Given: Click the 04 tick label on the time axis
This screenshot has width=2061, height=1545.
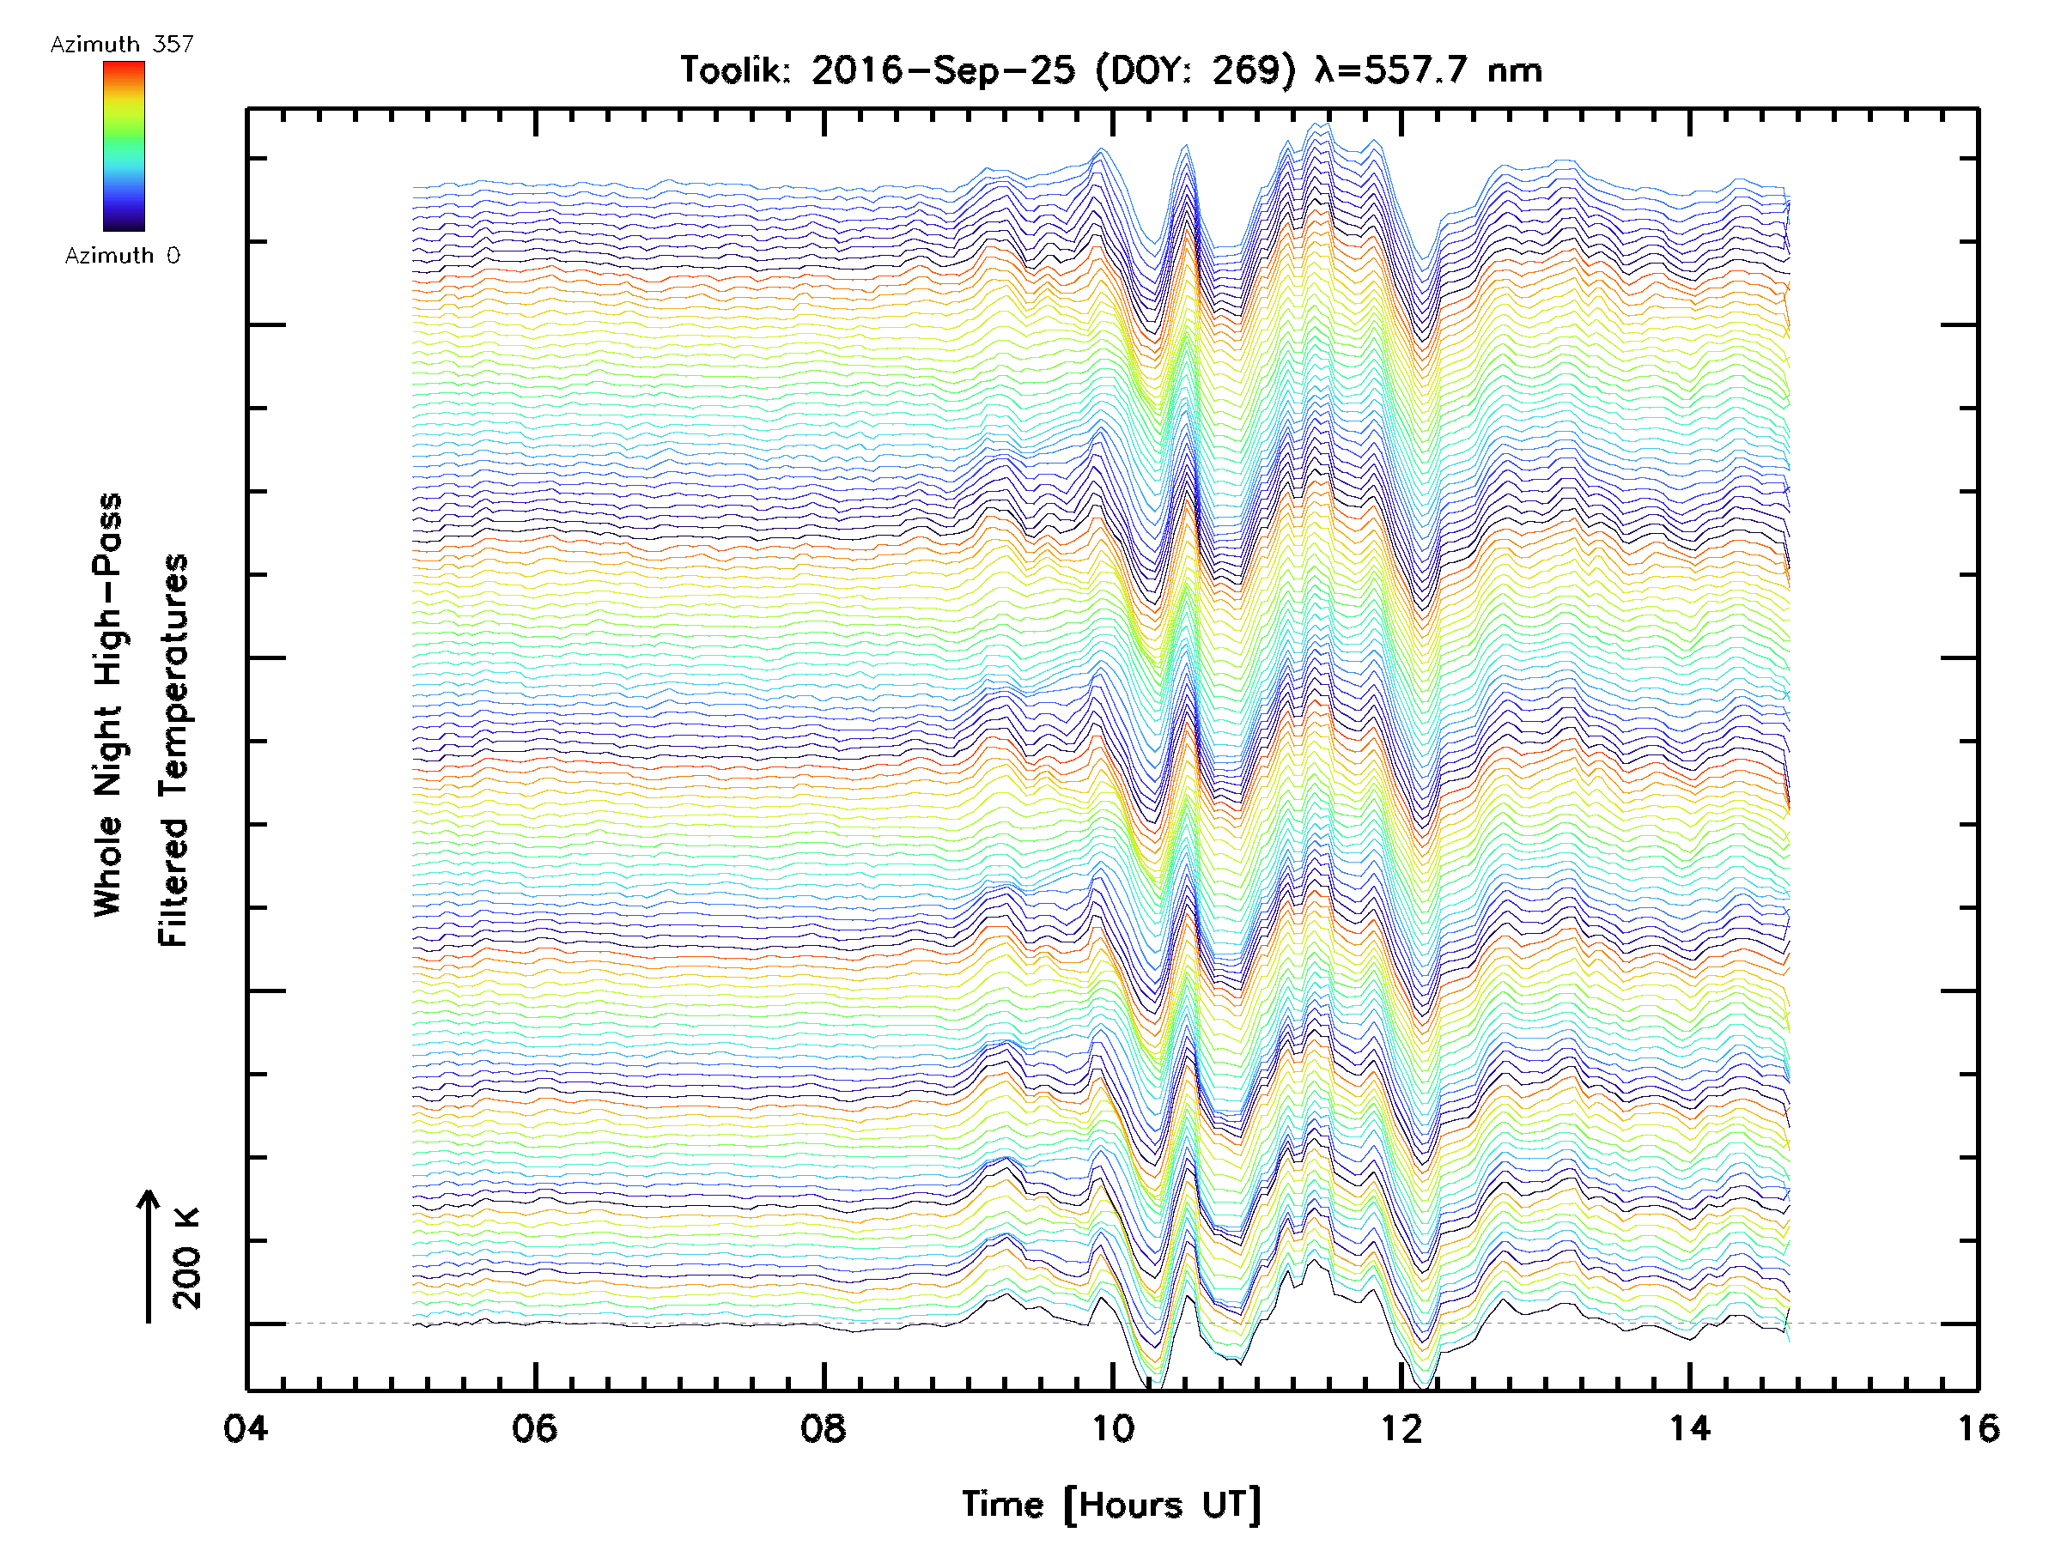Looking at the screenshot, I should pyautogui.click(x=245, y=1427).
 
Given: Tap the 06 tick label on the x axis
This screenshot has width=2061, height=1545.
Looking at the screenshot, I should pyautogui.click(x=534, y=1427).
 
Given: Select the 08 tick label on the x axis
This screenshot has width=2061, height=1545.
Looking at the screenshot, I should pyautogui.click(x=823, y=1427).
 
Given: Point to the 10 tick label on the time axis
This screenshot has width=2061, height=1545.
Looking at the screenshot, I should pyautogui.click(x=1111, y=1427).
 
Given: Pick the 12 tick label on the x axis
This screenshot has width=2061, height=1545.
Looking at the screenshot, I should pyautogui.click(x=1401, y=1427).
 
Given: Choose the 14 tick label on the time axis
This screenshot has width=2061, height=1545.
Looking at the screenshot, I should pyautogui.click(x=1689, y=1427).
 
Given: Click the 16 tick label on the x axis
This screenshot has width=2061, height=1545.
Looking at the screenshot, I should pyautogui.click(x=1977, y=1427).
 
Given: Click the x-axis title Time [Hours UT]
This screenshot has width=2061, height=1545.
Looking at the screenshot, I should pyautogui.click(x=1110, y=1504).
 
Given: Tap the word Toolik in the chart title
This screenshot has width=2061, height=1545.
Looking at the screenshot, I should pyautogui.click(x=734, y=70).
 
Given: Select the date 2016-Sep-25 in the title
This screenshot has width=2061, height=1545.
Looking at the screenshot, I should pyautogui.click(x=943, y=70).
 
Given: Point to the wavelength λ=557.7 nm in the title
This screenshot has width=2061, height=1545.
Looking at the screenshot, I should pyautogui.click(x=1427, y=70).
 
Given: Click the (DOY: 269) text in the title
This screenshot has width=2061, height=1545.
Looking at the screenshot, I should pyautogui.click(x=1195, y=70).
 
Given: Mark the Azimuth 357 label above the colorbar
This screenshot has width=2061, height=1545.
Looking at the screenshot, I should pyautogui.click(x=122, y=44).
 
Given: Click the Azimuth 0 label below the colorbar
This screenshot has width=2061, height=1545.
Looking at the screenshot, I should pyautogui.click(x=122, y=255).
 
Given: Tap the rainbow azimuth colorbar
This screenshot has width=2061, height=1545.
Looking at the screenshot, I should pyautogui.click(x=124, y=146).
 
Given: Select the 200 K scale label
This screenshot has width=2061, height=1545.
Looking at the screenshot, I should pyautogui.click(x=186, y=1257).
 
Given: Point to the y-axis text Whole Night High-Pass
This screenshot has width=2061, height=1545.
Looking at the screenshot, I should pyautogui.click(x=108, y=704).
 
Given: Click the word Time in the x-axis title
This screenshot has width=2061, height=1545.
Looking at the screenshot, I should pyautogui.click(x=1001, y=1504).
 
